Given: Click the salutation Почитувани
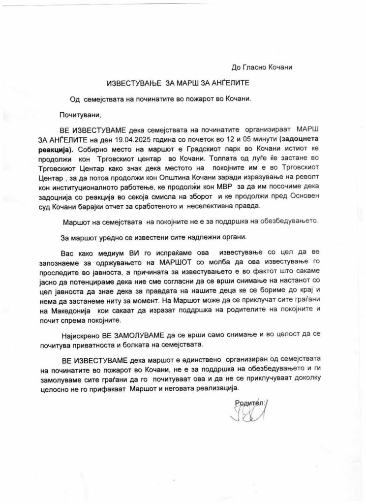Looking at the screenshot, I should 80,116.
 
